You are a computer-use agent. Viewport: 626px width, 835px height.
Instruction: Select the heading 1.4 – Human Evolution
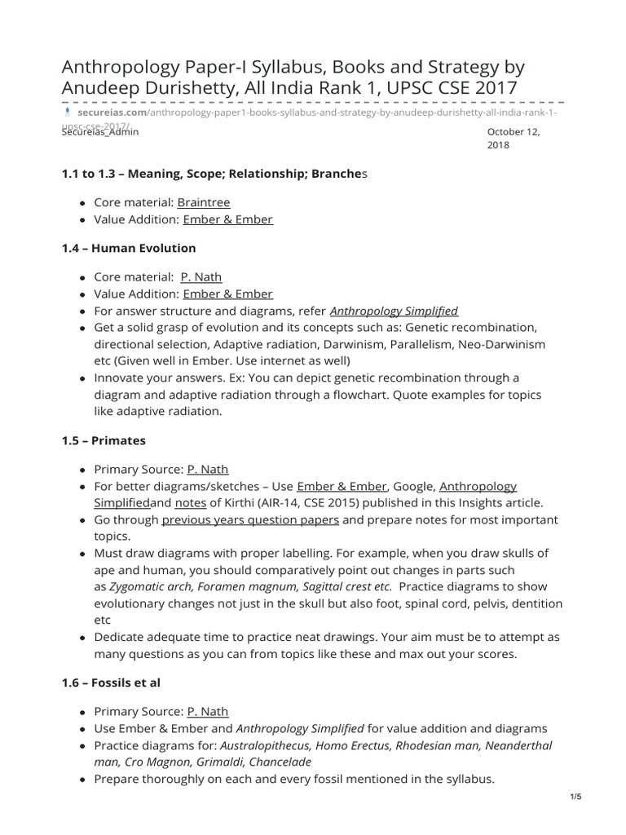coord(128,248)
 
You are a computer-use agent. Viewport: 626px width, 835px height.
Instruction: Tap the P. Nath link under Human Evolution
coord(201,277)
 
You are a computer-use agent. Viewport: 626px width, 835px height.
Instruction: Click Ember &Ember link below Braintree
coord(227,219)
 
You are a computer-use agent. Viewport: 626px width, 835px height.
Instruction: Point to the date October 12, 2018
coord(514,138)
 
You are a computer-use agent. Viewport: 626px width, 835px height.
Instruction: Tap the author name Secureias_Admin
coord(99,131)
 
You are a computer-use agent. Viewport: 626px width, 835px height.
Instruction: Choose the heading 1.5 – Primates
coord(104,440)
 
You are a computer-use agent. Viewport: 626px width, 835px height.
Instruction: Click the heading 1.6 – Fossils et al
coord(116,682)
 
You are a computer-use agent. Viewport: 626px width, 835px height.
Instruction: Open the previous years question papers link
coord(250,519)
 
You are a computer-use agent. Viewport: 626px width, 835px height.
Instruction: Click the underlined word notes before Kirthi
coord(191,503)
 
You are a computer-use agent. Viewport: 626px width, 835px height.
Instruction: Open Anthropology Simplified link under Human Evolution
coord(393,311)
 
